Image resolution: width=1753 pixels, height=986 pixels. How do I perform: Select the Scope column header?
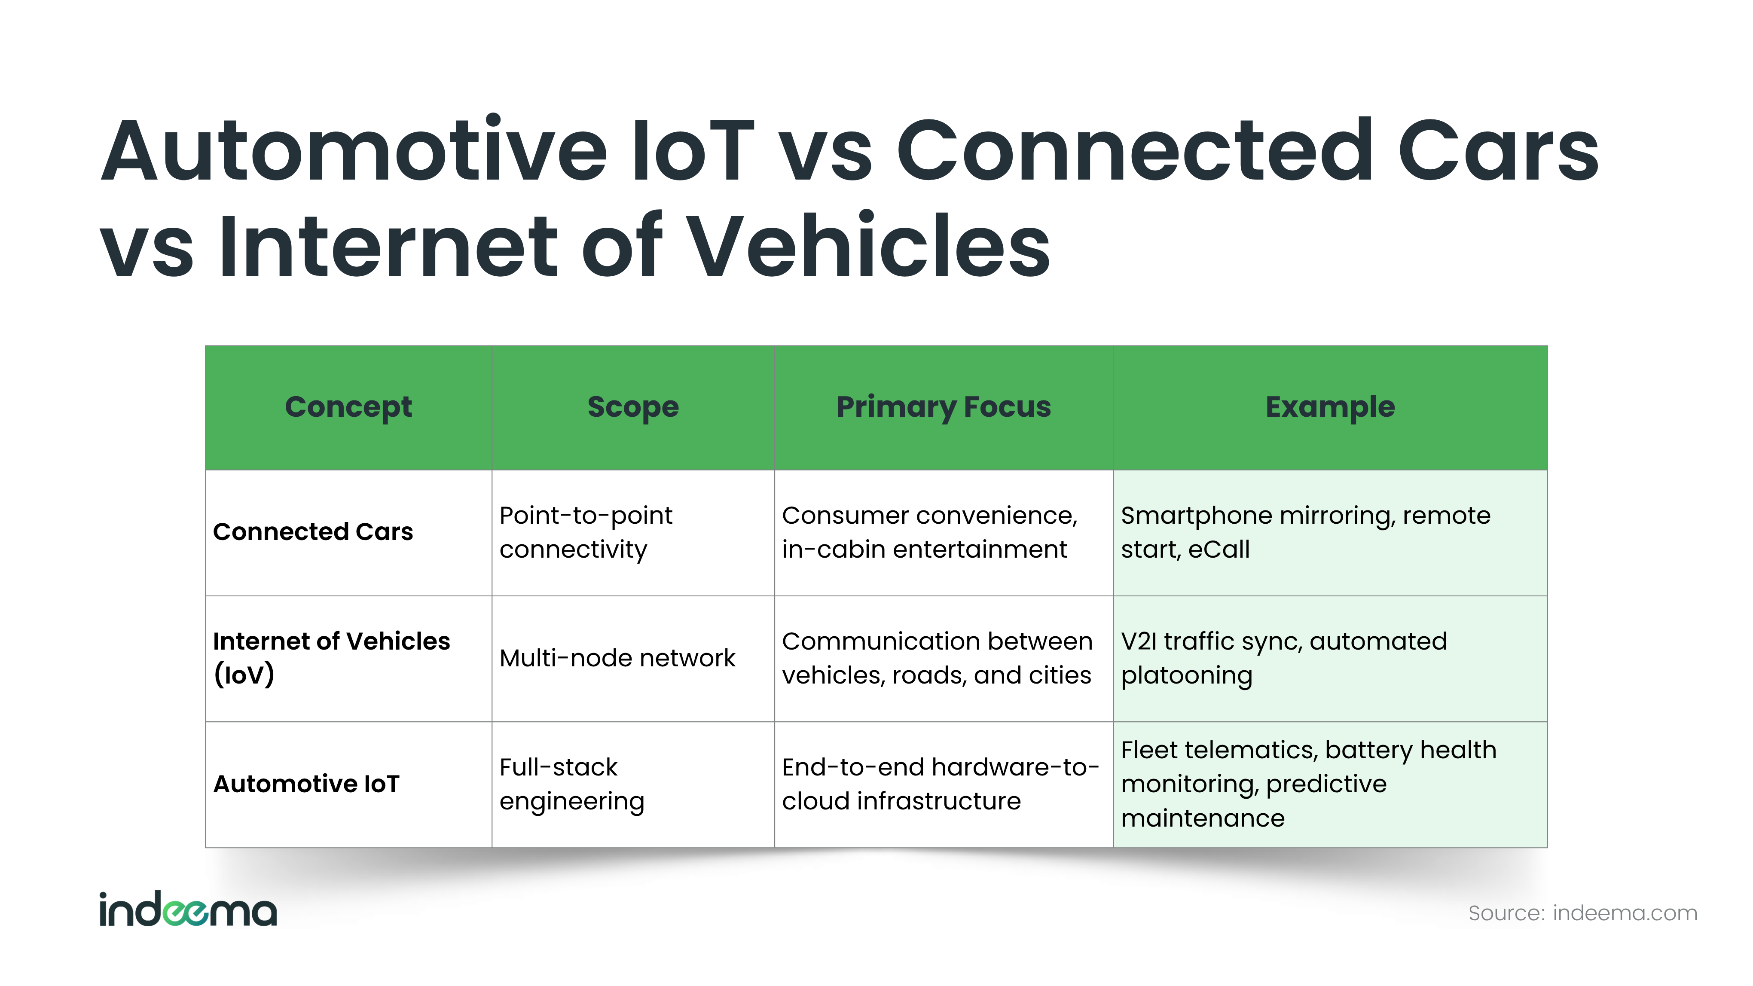633,407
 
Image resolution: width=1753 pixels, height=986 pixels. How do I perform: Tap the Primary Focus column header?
943,407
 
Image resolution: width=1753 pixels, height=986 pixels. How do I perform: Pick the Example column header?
1330,407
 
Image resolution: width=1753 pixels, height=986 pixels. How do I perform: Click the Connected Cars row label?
313,531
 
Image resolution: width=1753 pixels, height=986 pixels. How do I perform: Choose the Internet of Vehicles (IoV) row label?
331,658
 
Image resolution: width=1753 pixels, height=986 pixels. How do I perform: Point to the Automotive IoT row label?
306,784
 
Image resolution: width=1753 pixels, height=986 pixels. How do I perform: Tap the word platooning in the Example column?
1186,676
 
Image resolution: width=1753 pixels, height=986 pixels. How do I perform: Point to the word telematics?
1248,750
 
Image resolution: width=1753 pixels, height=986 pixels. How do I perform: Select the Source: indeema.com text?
1583,913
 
